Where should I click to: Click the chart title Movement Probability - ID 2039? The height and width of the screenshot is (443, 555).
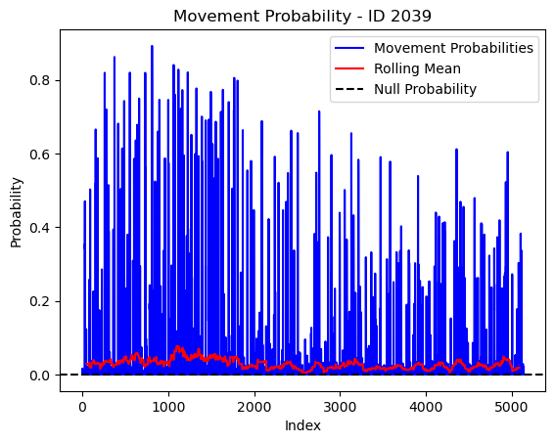point(302,16)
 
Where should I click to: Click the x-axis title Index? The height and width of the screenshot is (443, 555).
point(302,425)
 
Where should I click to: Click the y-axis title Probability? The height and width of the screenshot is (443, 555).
point(17,212)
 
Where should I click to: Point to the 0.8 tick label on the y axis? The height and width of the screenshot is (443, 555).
point(39,80)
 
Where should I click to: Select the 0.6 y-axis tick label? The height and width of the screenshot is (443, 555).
point(39,155)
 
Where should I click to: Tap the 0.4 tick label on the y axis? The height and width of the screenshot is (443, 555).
point(39,228)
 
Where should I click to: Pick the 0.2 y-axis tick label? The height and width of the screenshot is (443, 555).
point(39,301)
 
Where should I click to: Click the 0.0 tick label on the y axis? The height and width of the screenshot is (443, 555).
point(39,376)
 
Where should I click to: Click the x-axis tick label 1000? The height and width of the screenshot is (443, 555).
point(168,407)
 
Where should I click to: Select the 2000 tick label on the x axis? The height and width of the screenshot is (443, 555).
point(254,407)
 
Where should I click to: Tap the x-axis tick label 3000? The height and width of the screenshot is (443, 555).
point(340,407)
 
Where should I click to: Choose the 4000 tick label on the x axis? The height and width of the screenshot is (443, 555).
point(426,407)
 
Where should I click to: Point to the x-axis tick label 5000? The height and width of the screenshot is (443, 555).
point(512,407)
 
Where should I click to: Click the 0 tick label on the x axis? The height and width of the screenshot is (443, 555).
point(82,407)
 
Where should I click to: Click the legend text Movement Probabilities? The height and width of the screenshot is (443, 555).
point(453,48)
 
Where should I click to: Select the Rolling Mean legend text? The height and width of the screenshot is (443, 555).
point(417,68)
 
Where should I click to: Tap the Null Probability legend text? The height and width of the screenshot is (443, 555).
point(425,89)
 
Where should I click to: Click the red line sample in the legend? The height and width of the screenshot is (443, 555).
point(349,68)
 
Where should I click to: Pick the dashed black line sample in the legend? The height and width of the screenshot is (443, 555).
point(349,89)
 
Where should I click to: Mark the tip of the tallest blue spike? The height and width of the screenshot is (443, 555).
point(152,46)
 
